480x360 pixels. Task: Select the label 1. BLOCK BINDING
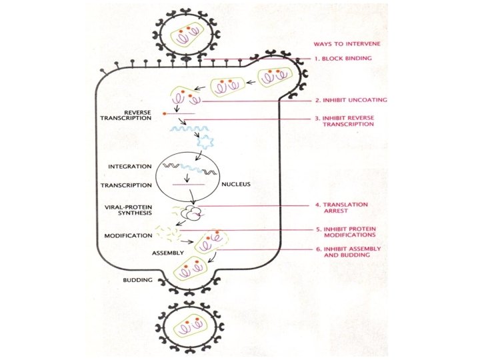pyautogui.click(x=343, y=59)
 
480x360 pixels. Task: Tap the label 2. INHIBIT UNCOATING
pyautogui.click(x=351, y=101)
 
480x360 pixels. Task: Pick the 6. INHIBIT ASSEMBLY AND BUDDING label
pyautogui.click(x=347, y=252)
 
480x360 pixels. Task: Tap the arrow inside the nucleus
pyautogui.click(x=187, y=177)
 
